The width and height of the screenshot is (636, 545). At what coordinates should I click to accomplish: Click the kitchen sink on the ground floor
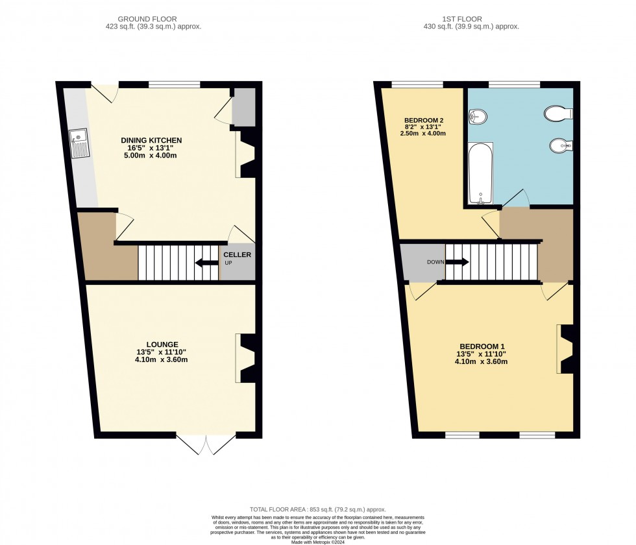[79, 143]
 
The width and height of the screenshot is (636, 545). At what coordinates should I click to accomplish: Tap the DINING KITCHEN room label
[151, 140]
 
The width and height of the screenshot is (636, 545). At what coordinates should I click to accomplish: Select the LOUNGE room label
[162, 345]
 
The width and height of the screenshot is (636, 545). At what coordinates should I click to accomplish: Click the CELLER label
[238, 254]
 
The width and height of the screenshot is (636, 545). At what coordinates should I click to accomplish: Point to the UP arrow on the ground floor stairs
[207, 263]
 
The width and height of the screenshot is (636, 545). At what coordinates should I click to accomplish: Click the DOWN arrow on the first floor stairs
[457, 262]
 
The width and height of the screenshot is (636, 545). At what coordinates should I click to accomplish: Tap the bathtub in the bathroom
[481, 173]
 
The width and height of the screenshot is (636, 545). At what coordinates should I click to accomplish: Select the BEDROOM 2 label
[424, 121]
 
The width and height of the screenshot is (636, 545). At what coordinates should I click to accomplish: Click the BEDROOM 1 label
[482, 346]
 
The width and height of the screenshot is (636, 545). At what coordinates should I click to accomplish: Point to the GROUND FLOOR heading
[147, 19]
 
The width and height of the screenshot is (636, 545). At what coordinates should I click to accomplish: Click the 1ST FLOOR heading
[462, 19]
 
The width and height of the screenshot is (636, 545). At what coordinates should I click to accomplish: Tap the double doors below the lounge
[206, 445]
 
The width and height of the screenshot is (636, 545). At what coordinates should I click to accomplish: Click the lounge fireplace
[245, 358]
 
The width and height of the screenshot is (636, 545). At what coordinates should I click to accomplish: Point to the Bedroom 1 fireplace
[565, 349]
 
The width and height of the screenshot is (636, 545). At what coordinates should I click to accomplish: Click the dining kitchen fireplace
[245, 154]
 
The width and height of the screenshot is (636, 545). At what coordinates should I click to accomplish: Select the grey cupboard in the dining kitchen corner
[243, 107]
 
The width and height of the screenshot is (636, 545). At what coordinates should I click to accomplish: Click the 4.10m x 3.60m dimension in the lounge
[162, 359]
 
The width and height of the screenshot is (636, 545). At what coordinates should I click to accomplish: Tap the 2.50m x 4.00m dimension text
[423, 134]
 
